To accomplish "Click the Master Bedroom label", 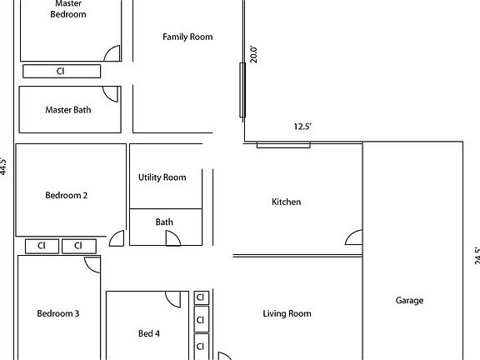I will click(68, 8).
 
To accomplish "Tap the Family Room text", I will click(187, 37).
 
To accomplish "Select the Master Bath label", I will click(68, 109).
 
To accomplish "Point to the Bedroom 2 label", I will click(67, 196).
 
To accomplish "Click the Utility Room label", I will click(162, 177).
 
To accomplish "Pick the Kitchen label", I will click(287, 202).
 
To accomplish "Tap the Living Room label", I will click(287, 313).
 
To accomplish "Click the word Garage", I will click(409, 301).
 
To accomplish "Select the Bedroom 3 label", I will click(58, 313).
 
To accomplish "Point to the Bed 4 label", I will click(149, 334).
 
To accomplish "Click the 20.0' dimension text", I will click(255, 54).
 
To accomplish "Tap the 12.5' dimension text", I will click(302, 127).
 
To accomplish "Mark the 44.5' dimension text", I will click(4, 166).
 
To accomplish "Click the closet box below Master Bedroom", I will click(61, 71).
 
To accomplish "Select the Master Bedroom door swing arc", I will click(112, 53).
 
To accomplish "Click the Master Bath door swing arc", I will click(110, 93).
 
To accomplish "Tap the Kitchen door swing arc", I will click(354, 237).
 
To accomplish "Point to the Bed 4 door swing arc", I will click(173, 299).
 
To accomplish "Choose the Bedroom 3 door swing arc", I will click(92, 265).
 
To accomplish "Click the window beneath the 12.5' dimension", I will click(283, 145).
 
